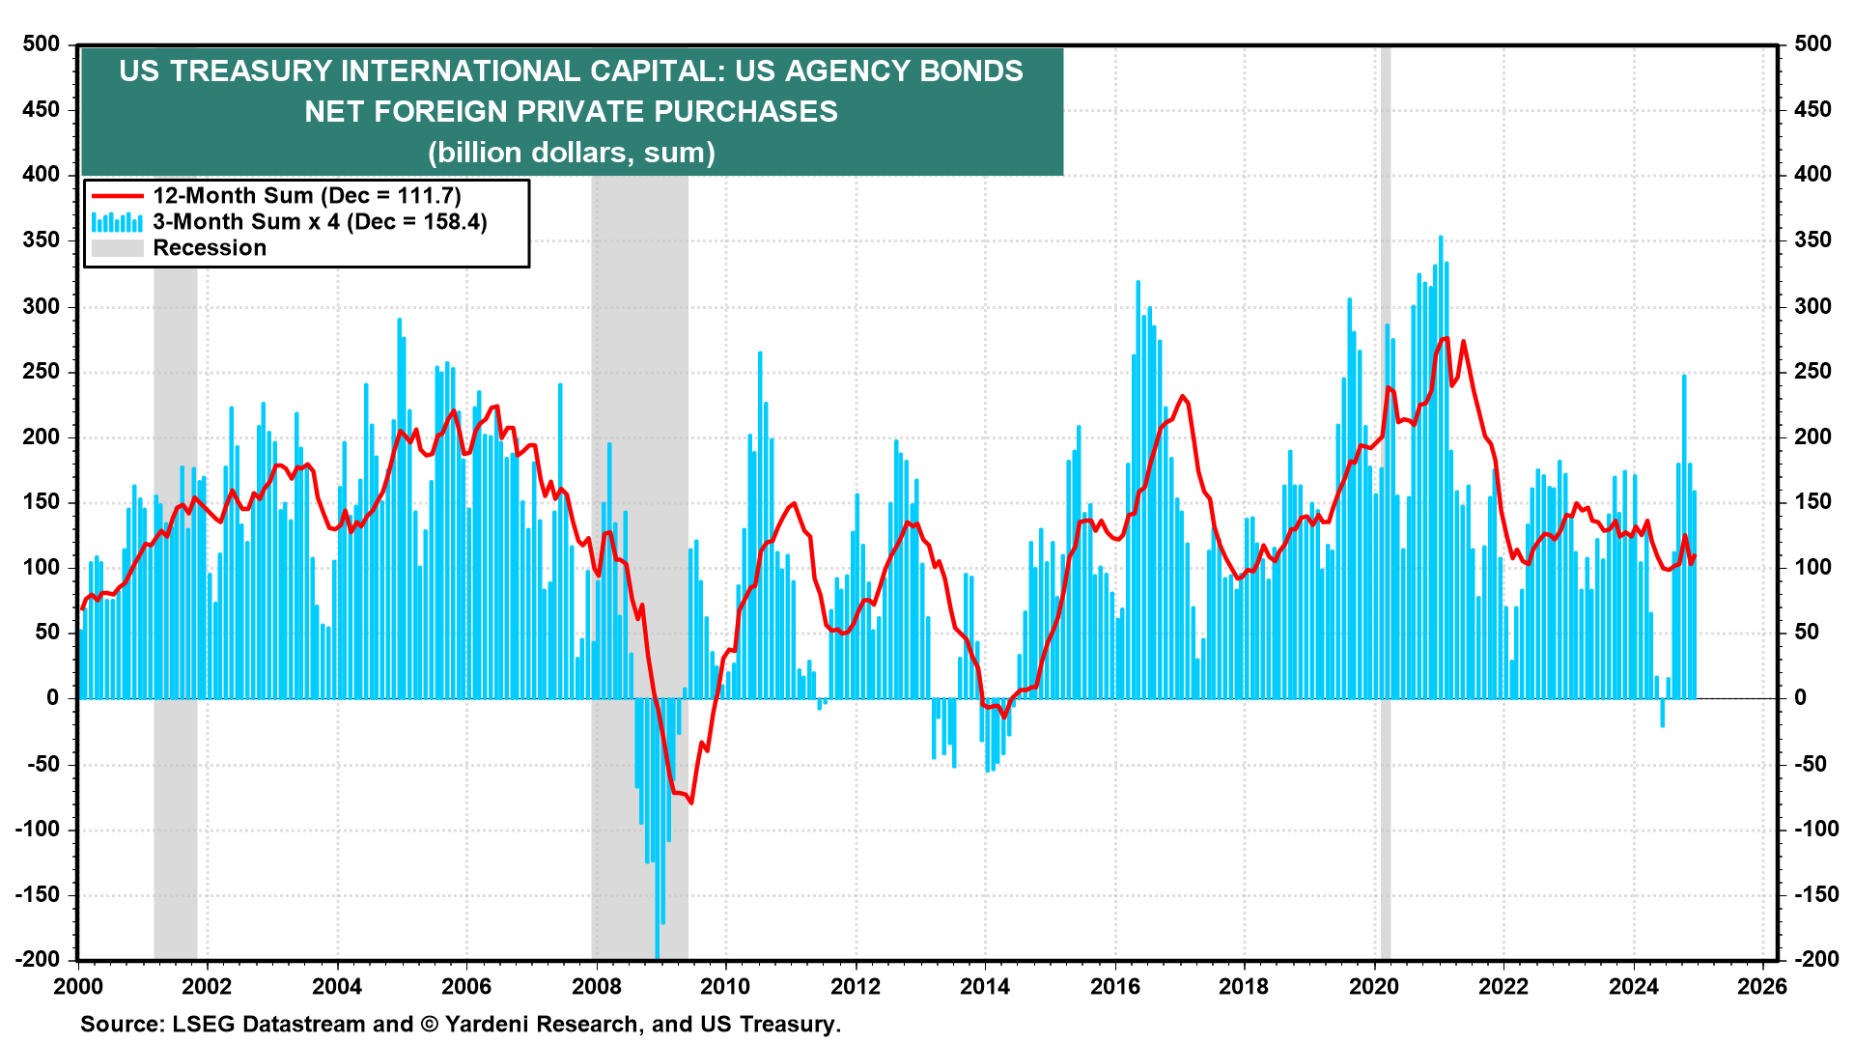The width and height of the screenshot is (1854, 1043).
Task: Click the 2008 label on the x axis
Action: (596, 986)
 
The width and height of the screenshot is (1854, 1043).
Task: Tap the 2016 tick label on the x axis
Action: (1114, 986)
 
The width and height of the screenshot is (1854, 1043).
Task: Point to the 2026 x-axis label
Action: (1762, 986)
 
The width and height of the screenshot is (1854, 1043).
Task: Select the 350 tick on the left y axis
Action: (41, 240)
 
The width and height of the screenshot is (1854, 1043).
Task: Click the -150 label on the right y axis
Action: (1816, 894)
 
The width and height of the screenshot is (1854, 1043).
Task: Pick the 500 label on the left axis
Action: (41, 44)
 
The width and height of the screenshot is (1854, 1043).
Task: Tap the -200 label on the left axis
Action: (37, 959)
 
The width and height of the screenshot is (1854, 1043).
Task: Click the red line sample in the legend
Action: (117, 196)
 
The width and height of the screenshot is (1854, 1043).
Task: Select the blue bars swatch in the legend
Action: (117, 222)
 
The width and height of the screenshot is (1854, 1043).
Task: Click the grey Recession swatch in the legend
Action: (117, 248)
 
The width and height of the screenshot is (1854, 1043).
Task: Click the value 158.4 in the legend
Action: (450, 222)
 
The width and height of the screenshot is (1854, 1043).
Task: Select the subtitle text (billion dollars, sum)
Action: (572, 153)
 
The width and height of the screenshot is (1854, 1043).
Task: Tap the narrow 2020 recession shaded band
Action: (1386, 579)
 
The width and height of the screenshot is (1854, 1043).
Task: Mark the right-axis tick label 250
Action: (1812, 372)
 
